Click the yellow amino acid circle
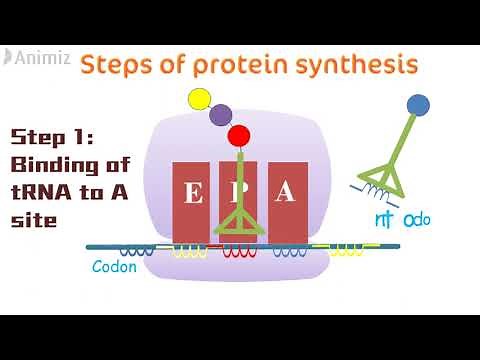pyautogui.click(x=199, y=99)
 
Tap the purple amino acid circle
pyautogui.click(x=221, y=115)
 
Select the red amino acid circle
pyautogui.click(x=238, y=135)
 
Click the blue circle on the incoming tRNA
pyautogui.click(x=418, y=104)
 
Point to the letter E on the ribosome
pyautogui.click(x=193, y=195)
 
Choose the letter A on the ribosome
pyautogui.click(x=286, y=193)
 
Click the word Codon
pyautogui.click(x=114, y=267)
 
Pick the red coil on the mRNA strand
pyautogui.click(x=238, y=250)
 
